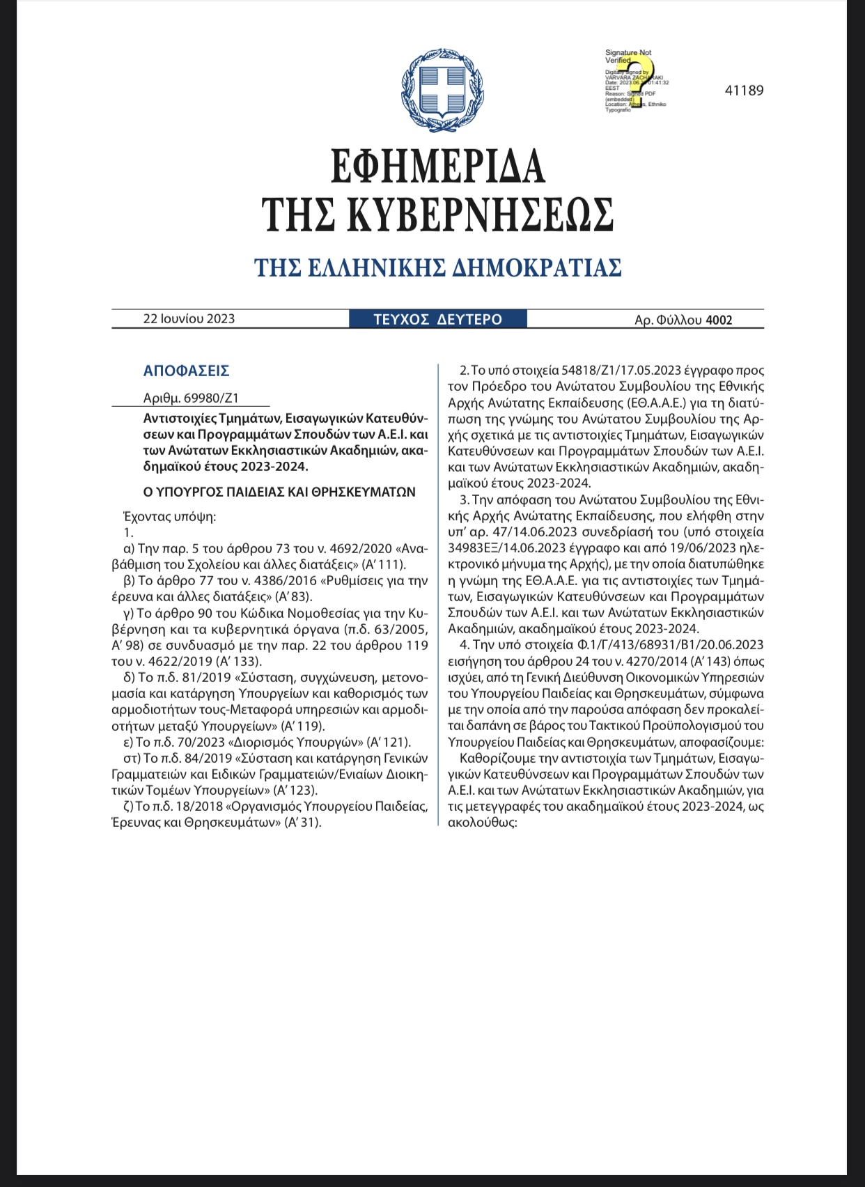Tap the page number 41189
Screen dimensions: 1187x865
coord(744,91)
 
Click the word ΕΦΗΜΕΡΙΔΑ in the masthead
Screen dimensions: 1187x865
coord(437,166)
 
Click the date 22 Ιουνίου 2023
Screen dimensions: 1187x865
coord(189,319)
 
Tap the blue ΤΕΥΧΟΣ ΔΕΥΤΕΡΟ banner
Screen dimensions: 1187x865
coord(437,319)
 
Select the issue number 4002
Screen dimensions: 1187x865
coord(719,320)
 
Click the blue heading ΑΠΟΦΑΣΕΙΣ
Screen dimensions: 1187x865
coord(186,371)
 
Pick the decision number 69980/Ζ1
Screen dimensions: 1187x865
coord(211,398)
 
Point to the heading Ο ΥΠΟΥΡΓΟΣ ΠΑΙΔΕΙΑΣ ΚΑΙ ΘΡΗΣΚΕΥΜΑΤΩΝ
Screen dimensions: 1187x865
coord(279,492)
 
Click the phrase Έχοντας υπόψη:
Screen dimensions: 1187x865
coord(169,516)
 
